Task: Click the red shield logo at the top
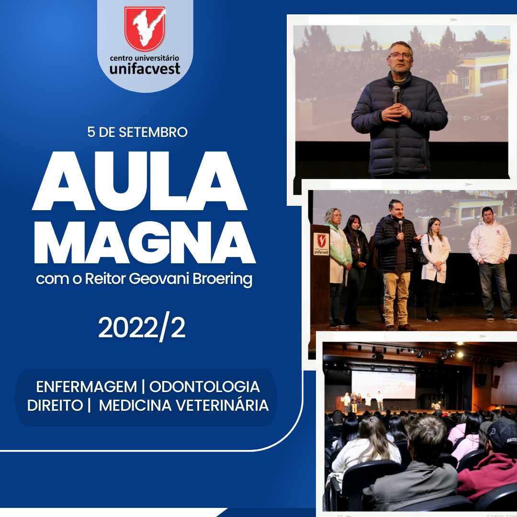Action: [145, 29]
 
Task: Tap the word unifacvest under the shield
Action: [145, 68]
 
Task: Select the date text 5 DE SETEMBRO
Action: [137, 132]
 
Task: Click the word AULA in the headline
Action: [139, 180]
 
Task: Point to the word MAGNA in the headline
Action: [145, 242]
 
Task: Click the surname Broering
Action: [222, 279]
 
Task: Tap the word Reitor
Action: [105, 279]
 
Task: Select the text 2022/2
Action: [142, 327]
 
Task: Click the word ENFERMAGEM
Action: [86, 387]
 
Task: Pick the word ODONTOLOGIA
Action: [204, 387]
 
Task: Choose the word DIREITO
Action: [55, 405]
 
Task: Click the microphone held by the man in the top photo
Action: [396, 95]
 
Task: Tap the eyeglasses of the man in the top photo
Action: [401, 56]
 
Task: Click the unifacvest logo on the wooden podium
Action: [321, 244]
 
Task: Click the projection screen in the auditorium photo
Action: [383, 385]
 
